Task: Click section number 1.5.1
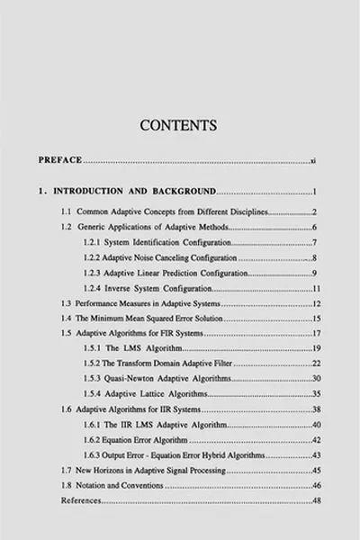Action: click(x=94, y=347)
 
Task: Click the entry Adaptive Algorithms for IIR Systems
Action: click(x=136, y=409)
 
